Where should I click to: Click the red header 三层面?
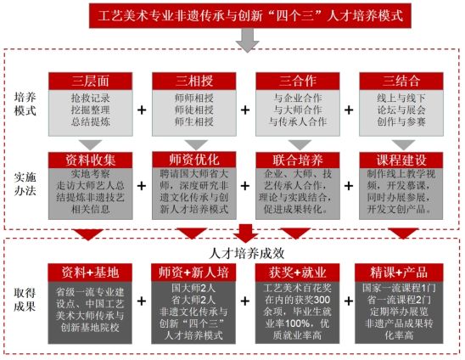[91, 81]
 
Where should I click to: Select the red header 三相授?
[194, 81]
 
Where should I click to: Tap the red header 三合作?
[298, 81]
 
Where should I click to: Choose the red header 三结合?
[401, 81]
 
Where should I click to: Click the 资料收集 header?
[91, 160]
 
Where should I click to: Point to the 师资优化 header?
[194, 160]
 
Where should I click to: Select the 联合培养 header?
[298, 160]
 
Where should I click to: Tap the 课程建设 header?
[401, 160]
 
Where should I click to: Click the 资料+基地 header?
[90, 273]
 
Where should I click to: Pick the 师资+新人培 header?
[193, 273]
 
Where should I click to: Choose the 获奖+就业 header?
[297, 273]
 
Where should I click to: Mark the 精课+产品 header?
[399, 273]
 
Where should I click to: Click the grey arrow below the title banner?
[247, 41]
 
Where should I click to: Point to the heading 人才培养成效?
[247, 253]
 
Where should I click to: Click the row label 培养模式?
[25, 104]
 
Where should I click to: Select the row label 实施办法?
[25, 184]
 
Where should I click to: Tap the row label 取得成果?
[25, 300]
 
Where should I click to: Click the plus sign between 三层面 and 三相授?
[142, 110]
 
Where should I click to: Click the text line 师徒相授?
[194, 110]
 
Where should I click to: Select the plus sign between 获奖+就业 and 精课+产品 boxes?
[349, 301]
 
